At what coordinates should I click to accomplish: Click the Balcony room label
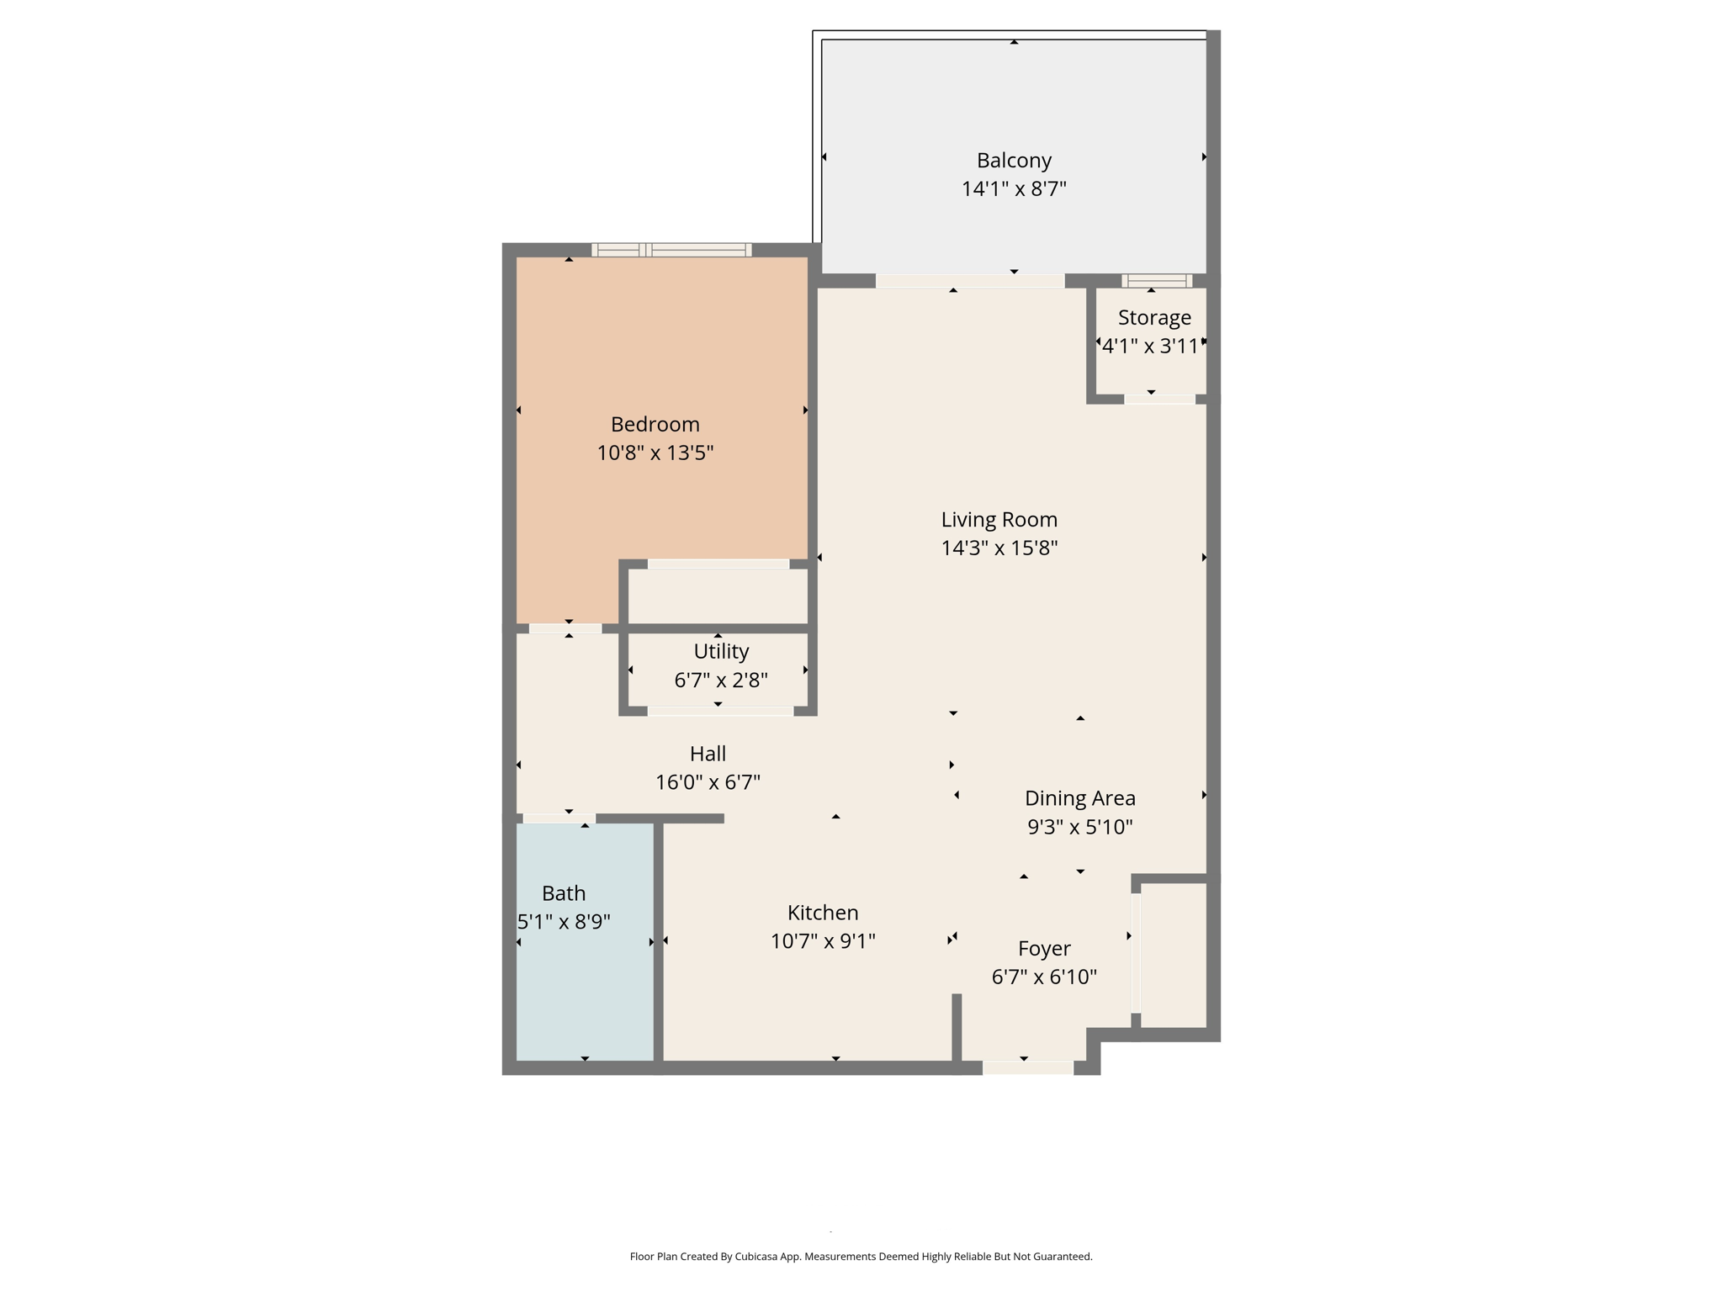coord(1014,160)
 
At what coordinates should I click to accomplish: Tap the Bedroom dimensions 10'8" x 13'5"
coord(655,453)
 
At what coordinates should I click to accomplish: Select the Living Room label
coord(999,519)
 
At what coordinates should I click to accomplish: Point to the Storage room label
coord(1154,317)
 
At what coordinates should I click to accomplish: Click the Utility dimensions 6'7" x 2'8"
coord(721,680)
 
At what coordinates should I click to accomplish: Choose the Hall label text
coord(708,754)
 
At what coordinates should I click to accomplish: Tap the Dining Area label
coord(1079,797)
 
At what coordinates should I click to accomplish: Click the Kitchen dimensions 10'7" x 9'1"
coord(823,940)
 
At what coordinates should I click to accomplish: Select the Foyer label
coord(1044,948)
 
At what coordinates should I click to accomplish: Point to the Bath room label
coord(564,892)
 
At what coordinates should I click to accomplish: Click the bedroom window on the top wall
coord(671,249)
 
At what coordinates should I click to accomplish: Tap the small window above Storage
coord(1157,281)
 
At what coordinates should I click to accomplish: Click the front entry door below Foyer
coord(1028,1067)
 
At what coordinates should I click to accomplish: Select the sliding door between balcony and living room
coord(969,281)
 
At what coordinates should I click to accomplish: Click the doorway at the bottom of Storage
coord(1159,399)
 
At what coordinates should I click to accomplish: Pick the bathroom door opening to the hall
coord(559,818)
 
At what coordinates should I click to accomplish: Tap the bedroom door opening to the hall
coord(565,628)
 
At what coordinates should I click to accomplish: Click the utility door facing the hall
coord(720,711)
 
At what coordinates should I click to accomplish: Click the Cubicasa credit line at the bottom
coord(861,1257)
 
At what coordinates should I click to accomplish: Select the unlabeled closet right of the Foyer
coord(1174,955)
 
